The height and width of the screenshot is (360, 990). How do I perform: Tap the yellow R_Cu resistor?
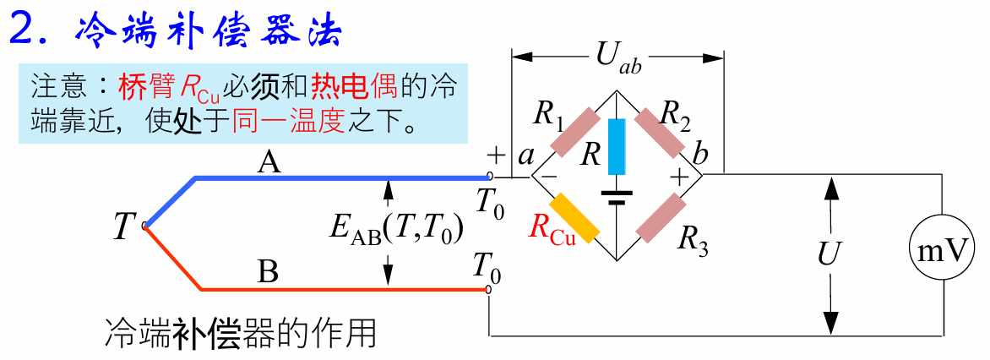coord(574,216)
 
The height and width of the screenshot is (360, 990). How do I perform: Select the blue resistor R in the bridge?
coord(617,146)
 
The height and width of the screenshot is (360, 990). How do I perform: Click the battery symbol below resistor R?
coord(617,198)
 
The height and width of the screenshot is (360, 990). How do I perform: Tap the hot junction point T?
coord(145,226)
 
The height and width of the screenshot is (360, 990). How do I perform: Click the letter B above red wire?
coord(268,273)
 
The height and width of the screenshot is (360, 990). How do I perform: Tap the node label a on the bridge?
coord(525,155)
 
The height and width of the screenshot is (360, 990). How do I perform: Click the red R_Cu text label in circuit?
coord(552,231)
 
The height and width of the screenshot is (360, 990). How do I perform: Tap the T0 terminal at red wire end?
coord(489,290)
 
